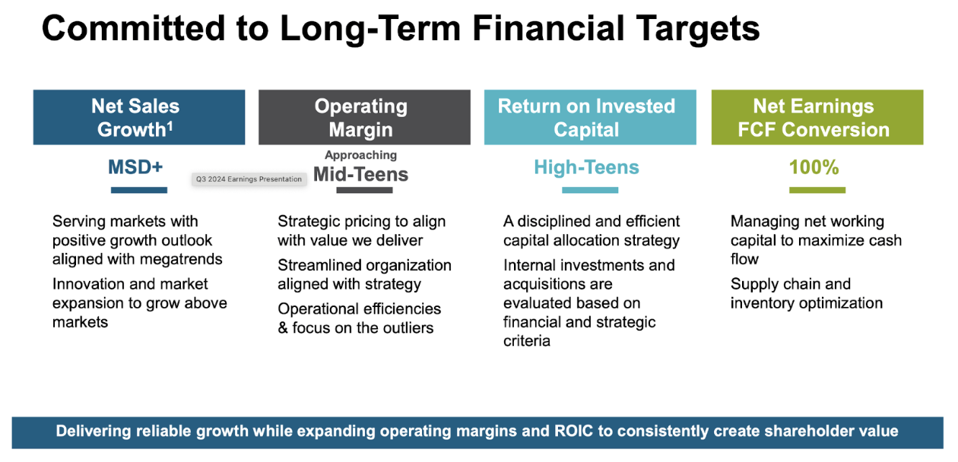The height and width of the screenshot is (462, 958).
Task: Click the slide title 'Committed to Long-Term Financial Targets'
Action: coord(401,29)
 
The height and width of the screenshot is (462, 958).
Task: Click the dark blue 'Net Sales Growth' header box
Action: coord(139,117)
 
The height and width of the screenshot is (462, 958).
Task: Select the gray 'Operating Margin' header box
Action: coord(364,117)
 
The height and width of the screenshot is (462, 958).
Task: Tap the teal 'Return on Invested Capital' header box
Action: coord(590,117)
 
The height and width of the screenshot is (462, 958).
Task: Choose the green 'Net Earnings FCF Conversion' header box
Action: coord(817,117)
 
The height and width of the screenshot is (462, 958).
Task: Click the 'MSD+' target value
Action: coord(135,167)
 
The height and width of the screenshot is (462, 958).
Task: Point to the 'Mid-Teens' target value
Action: coord(361,174)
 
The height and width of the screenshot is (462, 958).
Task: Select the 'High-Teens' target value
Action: coord(586,167)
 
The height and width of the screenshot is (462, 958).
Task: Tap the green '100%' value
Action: coord(814,167)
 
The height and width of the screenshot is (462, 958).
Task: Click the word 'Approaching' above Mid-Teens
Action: coord(361,155)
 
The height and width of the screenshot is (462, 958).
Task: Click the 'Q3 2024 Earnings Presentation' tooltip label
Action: coord(249,179)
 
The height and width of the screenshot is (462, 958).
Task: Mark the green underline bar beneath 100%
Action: coord(817,190)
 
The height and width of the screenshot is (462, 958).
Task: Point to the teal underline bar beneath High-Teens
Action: coord(590,190)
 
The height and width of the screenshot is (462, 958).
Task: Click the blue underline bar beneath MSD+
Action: coord(139,190)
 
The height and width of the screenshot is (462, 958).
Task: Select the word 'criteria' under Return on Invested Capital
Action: coord(526,341)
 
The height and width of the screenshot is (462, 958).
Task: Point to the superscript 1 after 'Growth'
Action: coord(170,125)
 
